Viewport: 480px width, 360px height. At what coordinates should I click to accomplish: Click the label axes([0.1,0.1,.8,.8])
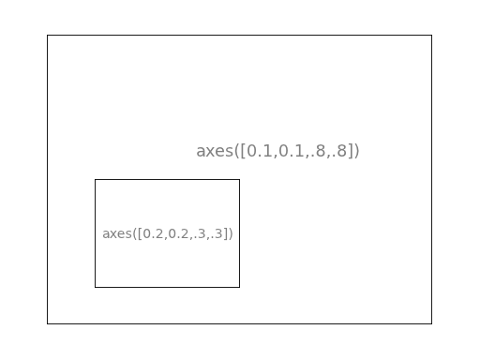pos(277,151)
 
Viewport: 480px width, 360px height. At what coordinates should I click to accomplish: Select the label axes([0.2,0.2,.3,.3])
pos(168,233)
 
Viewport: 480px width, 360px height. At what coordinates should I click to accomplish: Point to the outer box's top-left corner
pos(48,36)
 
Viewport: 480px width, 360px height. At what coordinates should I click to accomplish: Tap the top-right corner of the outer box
pos(431,36)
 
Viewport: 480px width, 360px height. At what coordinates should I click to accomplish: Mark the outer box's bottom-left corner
pos(48,323)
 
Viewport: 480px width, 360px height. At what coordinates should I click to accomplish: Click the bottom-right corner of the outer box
pos(431,323)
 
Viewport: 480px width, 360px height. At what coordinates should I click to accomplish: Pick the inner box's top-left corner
pos(96,180)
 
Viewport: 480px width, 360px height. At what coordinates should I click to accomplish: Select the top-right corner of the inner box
pos(239,180)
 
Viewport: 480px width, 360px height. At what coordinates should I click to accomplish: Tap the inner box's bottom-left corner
pos(96,287)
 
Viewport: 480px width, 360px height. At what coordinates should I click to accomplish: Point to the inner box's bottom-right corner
pos(239,287)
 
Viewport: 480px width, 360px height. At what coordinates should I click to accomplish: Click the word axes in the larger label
pos(214,151)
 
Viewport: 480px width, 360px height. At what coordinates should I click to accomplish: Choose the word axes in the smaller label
pos(116,233)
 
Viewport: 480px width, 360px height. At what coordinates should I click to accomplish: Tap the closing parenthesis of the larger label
pos(356,151)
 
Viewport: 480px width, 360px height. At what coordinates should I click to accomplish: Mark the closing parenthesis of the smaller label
pos(231,233)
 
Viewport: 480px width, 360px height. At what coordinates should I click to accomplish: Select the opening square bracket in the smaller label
pos(140,233)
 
